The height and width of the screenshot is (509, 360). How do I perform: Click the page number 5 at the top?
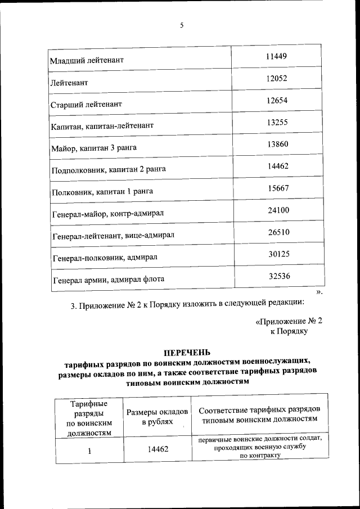pyautogui.click(x=182, y=25)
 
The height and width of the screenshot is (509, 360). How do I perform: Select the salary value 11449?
pyautogui.click(x=277, y=56)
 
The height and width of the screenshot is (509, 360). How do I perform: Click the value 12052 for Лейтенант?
pyautogui.click(x=277, y=79)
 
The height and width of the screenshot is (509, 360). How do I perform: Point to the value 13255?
pyautogui.click(x=277, y=122)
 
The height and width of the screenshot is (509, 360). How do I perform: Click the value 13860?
pyautogui.click(x=277, y=144)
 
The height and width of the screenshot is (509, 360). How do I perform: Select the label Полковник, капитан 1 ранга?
pyautogui.click(x=102, y=192)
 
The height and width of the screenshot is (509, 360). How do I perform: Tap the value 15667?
pyautogui.click(x=278, y=188)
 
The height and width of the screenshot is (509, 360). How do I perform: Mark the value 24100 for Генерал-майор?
pyautogui.click(x=278, y=210)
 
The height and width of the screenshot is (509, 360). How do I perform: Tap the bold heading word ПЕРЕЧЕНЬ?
pyautogui.click(x=187, y=353)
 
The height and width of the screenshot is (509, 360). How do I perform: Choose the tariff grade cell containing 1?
pyautogui.click(x=89, y=450)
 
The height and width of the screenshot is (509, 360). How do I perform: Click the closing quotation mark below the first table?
pyautogui.click(x=319, y=292)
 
